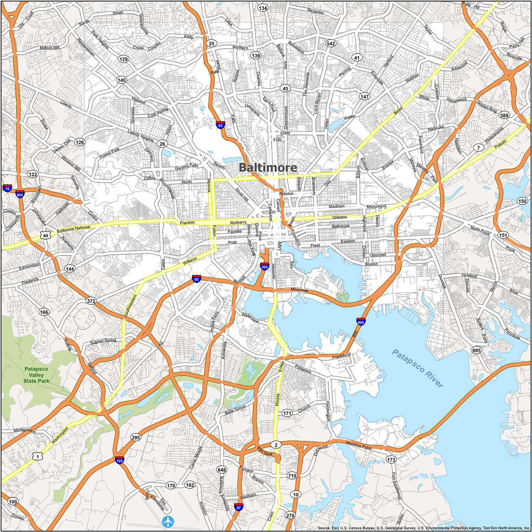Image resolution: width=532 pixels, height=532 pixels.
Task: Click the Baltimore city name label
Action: [268, 167]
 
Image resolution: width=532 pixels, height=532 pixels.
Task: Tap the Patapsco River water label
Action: [417, 368]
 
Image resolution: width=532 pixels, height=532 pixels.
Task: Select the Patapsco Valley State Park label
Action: [36, 375]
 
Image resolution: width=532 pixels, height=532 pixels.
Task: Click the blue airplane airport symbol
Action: [168, 521]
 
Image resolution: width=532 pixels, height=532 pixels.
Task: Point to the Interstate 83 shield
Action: [221, 125]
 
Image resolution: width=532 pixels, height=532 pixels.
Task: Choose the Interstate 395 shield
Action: [265, 267]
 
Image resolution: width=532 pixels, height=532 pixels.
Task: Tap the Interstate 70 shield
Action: [7, 188]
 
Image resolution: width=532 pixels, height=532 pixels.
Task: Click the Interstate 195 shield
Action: [120, 460]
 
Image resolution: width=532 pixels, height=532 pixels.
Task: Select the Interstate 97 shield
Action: [238, 507]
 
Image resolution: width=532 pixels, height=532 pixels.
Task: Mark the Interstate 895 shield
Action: [361, 322]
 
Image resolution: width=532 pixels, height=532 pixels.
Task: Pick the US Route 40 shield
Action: [45, 235]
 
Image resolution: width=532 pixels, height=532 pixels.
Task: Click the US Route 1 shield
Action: [38, 456]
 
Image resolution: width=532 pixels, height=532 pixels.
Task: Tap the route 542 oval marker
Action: [331, 43]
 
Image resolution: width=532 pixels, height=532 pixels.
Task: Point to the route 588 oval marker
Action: [504, 115]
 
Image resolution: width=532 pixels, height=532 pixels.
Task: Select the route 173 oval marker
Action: [391, 460]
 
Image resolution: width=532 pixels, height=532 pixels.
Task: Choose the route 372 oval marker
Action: [91, 301]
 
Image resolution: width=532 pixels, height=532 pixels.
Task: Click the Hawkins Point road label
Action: [359, 445]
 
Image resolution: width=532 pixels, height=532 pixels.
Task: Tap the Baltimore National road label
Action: [74, 229]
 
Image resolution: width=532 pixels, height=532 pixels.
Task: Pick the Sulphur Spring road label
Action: [103, 341]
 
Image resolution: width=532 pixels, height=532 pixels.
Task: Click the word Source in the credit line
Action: [323, 528]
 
